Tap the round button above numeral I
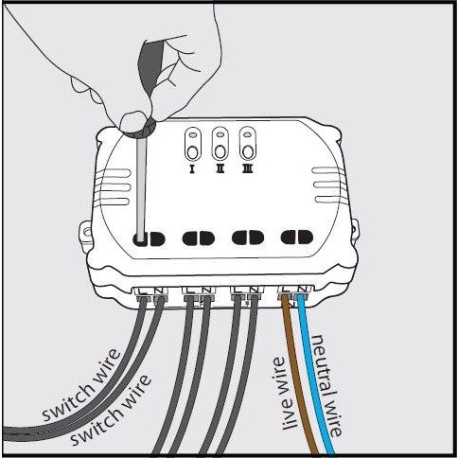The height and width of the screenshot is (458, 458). pyautogui.click(x=192, y=152)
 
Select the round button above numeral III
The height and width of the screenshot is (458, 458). pyautogui.click(x=248, y=152)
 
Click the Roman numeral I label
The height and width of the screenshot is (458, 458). pyautogui.click(x=191, y=169)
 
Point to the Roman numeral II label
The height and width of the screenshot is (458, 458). pyautogui.click(x=220, y=169)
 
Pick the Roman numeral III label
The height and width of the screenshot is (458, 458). pyautogui.click(x=248, y=169)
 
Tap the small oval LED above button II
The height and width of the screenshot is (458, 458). pyautogui.click(x=220, y=134)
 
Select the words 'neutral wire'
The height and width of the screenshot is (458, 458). pyautogui.click(x=326, y=385)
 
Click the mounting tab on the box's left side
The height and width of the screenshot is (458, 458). pyautogui.click(x=84, y=234)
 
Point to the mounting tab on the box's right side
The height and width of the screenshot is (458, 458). pyautogui.click(x=355, y=230)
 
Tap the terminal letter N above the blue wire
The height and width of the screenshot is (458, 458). pyautogui.click(x=303, y=289)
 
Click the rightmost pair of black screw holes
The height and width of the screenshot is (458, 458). pyautogui.click(x=297, y=238)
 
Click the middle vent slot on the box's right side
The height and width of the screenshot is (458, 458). pyautogui.click(x=328, y=185)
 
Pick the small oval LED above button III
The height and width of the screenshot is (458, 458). pyautogui.click(x=248, y=134)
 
